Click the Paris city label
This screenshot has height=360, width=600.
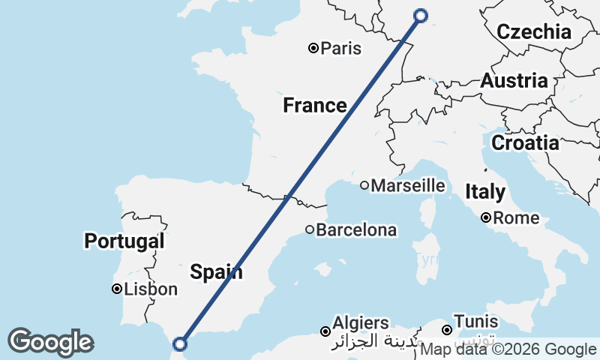click(x=340, y=49)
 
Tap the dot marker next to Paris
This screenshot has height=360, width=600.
click(x=314, y=49)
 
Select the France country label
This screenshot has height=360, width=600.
click(x=314, y=106)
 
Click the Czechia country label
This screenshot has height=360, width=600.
click(x=534, y=31)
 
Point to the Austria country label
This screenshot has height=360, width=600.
click(x=524, y=81)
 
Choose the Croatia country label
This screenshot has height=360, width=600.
click(x=525, y=142)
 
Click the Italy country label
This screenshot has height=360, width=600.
click(x=484, y=192)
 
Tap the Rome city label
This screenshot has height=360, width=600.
click(x=517, y=218)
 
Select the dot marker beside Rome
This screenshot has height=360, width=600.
click(x=487, y=218)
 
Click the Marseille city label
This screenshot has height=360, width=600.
click(x=408, y=185)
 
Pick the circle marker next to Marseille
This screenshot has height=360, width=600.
click(x=364, y=185)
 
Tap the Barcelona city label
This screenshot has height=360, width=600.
click(x=356, y=230)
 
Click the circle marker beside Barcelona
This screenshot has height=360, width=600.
click(x=310, y=229)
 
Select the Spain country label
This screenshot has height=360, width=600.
click(x=216, y=271)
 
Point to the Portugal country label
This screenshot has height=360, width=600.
click(x=124, y=241)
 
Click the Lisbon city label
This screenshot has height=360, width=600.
click(x=151, y=289)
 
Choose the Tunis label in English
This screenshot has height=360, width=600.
click(x=475, y=322)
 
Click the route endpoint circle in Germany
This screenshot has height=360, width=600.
click(x=421, y=15)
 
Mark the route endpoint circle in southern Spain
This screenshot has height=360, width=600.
click(x=179, y=344)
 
